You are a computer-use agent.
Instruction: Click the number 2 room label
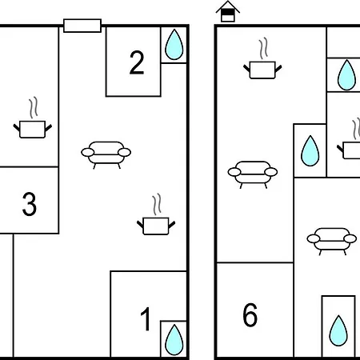point(137,62)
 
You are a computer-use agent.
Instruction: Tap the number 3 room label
point(30,204)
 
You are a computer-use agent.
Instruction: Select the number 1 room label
point(146,319)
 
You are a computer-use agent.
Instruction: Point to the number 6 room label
point(250,314)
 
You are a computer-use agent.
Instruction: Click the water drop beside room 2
point(174,45)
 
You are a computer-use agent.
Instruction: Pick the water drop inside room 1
point(174,339)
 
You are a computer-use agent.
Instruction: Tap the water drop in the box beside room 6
point(338,330)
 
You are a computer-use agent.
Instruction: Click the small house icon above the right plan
point(228,11)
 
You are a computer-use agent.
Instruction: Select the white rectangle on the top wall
point(82,26)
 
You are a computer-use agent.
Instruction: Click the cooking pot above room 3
point(33,130)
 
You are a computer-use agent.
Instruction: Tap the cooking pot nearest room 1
point(156,226)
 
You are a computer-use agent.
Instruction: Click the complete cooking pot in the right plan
point(262,70)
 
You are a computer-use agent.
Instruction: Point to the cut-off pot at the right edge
point(350,150)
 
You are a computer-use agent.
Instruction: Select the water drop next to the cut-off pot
point(310,151)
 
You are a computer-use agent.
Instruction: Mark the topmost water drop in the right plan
point(346,75)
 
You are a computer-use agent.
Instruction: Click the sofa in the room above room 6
point(253,174)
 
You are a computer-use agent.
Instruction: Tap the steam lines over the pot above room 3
point(34,108)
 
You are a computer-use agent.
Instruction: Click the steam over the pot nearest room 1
point(157,205)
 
